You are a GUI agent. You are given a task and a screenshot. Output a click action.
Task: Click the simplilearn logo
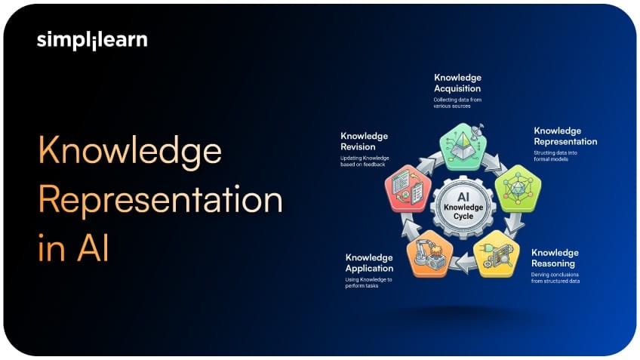click(x=92, y=41)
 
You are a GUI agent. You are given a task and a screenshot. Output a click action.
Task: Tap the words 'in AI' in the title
click(x=73, y=248)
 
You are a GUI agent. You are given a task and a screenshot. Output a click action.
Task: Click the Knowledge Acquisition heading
click(x=457, y=83)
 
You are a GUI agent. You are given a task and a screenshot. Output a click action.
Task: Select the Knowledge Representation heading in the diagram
click(x=565, y=136)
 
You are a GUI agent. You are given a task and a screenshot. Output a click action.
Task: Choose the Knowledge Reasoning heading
click(x=555, y=258)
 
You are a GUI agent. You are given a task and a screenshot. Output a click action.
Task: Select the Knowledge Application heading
click(x=369, y=263)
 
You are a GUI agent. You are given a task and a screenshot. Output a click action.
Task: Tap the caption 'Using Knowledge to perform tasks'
click(x=369, y=283)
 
